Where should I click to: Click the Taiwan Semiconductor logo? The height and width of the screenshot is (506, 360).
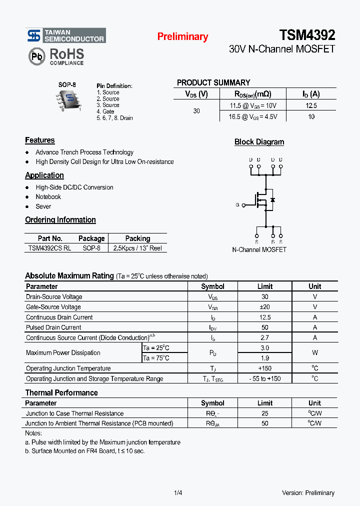65,35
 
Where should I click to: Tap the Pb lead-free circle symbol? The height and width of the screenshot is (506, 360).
37,56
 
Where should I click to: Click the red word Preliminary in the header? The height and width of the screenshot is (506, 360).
182,36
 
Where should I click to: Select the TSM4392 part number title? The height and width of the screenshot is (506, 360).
307,35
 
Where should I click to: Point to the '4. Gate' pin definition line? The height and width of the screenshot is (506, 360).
105,111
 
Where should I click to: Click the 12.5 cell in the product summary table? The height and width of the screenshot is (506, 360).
311,105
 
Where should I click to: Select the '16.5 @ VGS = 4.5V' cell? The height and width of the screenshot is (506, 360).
252,116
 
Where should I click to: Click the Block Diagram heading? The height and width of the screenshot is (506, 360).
259,142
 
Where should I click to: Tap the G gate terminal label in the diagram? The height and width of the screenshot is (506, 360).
237,205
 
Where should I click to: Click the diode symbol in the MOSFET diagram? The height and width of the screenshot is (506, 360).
272,200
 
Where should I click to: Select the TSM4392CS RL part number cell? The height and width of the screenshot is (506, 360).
49,248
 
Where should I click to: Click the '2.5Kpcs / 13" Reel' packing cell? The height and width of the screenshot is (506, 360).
137,248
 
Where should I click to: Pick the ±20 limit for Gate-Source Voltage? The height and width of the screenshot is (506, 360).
264,307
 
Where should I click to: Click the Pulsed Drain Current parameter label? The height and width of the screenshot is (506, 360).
53,327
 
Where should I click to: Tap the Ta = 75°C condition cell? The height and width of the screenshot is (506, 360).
156,358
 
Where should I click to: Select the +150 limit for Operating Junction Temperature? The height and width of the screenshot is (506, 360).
264,368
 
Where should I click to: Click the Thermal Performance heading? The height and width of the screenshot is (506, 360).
61,392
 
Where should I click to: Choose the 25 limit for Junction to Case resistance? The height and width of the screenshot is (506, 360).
264,413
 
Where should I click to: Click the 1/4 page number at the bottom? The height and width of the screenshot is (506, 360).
178,493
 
